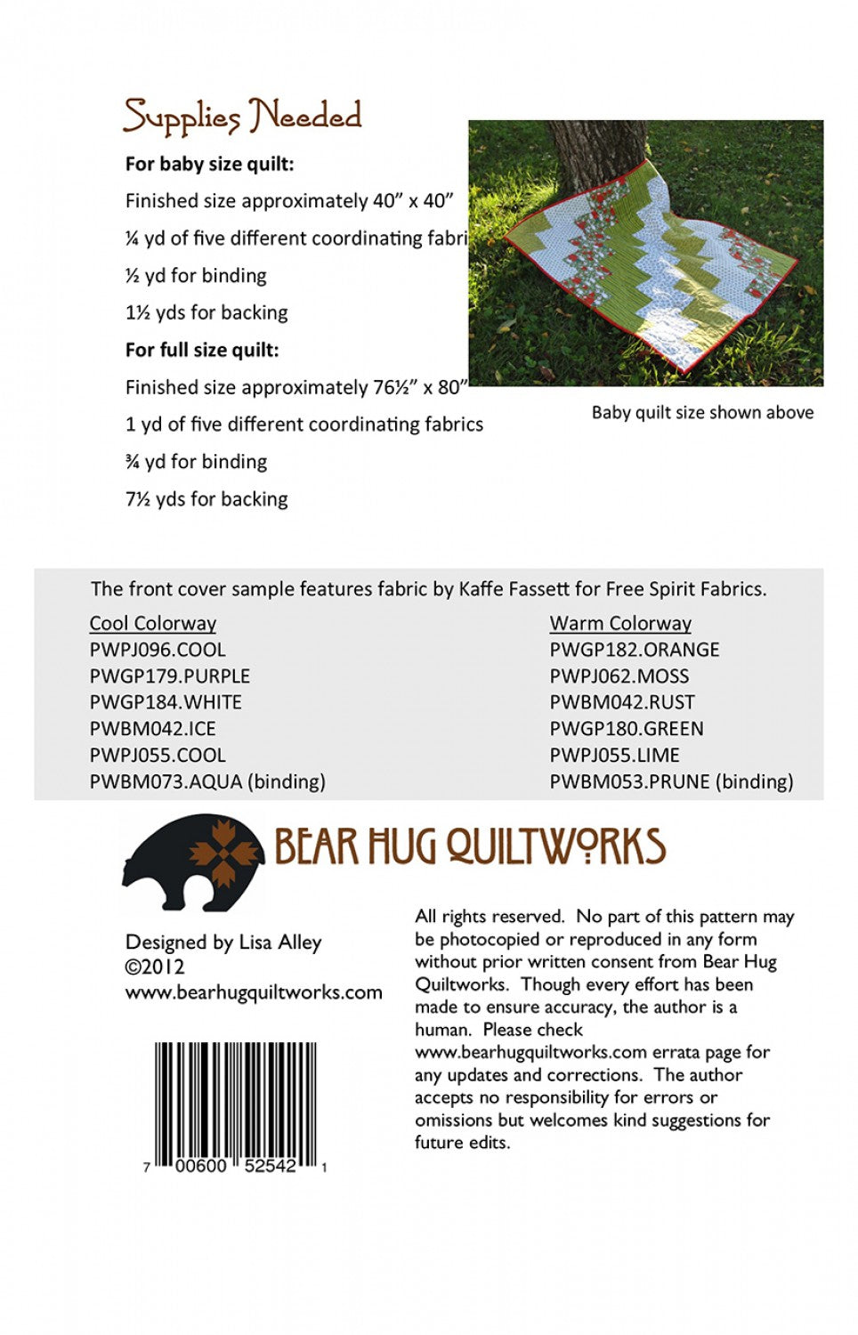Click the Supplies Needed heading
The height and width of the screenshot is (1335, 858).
[242, 117]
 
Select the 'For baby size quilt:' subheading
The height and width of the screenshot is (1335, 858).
[209, 164]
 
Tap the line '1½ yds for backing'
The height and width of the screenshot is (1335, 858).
[206, 312]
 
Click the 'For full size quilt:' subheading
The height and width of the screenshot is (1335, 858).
[202, 350]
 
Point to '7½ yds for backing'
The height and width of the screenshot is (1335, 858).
[206, 499]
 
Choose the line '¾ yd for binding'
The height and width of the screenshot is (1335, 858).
[196, 462]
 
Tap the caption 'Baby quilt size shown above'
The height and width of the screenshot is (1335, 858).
[702, 413]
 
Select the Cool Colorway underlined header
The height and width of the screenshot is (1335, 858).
[153, 623]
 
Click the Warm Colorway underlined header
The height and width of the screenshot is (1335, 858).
[620, 623]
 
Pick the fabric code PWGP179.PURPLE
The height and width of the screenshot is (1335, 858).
[170, 676]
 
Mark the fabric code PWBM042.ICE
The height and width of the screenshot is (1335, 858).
[153, 729]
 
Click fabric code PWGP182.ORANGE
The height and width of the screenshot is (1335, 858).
[635, 650]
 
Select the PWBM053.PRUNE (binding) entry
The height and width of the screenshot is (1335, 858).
[671, 781]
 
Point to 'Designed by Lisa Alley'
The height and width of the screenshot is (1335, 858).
[223, 943]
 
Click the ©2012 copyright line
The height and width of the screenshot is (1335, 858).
[155, 967]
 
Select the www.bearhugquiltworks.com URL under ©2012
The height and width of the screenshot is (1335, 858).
[254, 992]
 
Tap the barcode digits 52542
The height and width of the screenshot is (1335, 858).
[271, 1166]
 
